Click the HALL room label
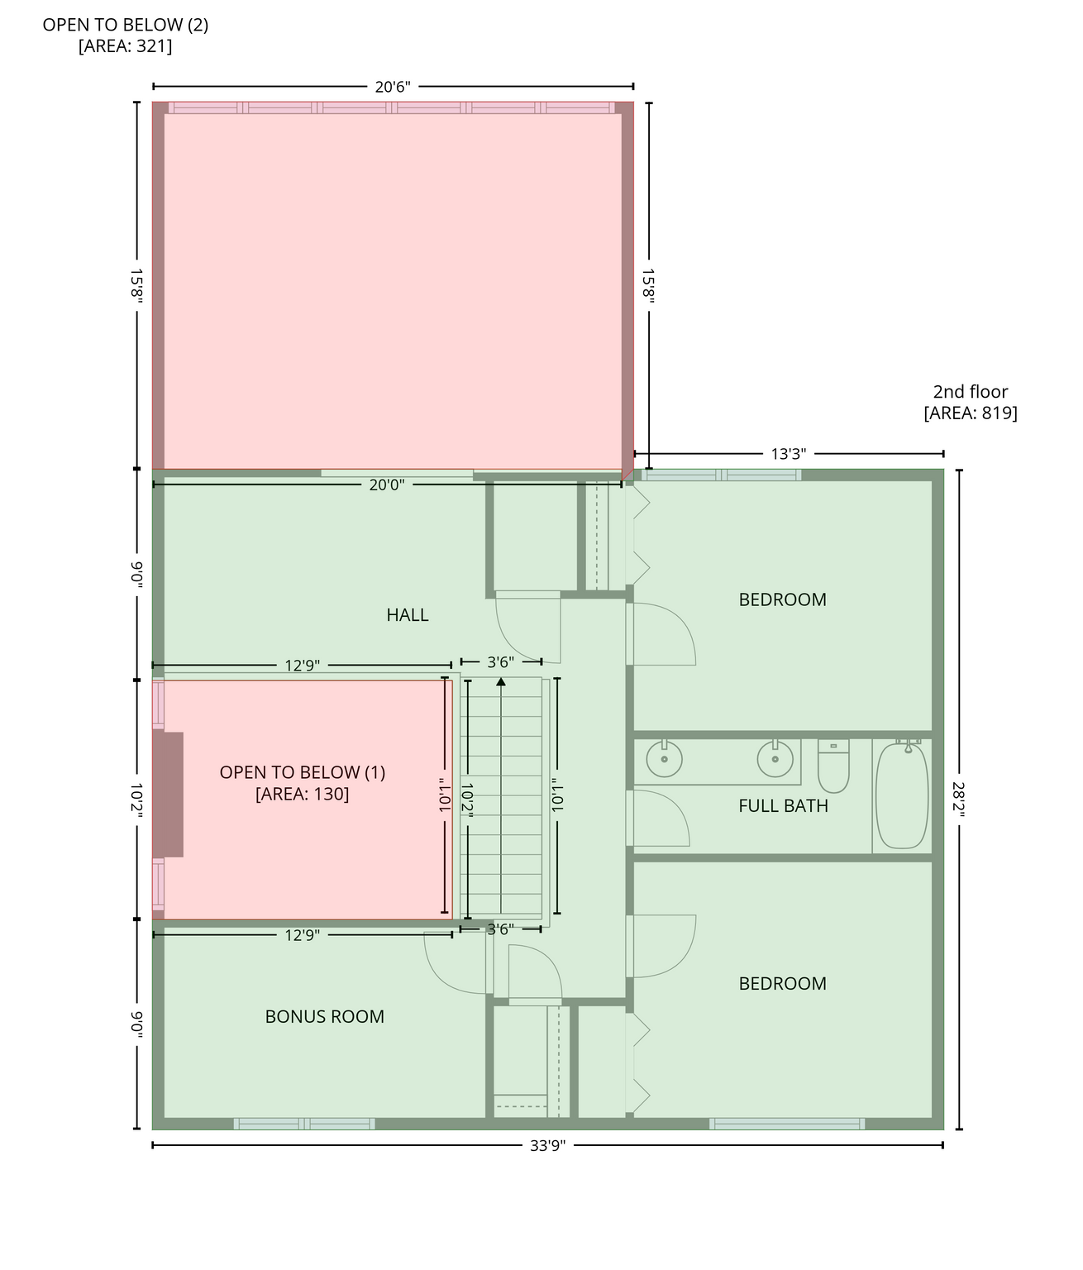[408, 614]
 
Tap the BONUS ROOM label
[324, 1016]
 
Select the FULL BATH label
[783, 805]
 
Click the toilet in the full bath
[833, 766]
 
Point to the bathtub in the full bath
[902, 795]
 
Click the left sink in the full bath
[664, 758]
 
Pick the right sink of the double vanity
[775, 758]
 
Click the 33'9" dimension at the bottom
[547, 1146]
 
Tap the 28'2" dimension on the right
[959, 799]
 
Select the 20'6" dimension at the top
[393, 88]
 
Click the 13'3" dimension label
[788, 454]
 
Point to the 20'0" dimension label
[386, 485]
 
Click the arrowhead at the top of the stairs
[501, 681]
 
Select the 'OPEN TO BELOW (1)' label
[303, 772]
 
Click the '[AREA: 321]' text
[126, 46]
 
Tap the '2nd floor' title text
[971, 391]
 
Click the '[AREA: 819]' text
[971, 413]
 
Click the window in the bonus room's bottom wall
[304, 1124]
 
